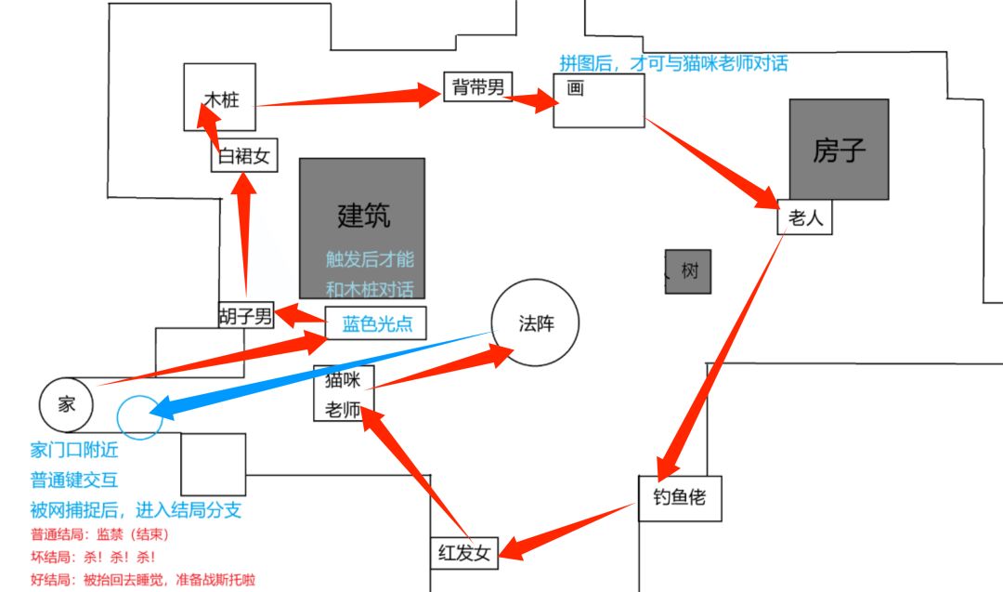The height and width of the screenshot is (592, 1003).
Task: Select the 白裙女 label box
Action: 243,157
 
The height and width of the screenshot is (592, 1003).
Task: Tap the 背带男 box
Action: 477,87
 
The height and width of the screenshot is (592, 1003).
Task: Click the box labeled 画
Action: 599,100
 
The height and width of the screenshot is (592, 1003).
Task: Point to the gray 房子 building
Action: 839,150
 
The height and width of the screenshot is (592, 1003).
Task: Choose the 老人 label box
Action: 804,218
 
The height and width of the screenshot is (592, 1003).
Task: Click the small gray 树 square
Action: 688,271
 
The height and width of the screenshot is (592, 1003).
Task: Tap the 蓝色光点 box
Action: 375,322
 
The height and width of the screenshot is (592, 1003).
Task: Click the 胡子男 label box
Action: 246,315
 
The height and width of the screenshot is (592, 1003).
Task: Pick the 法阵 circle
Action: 534,323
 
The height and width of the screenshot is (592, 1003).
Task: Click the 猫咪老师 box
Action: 344,393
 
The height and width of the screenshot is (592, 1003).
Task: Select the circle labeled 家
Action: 66,403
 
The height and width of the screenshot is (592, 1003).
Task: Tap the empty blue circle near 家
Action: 140,416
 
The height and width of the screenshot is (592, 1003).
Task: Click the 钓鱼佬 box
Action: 679,498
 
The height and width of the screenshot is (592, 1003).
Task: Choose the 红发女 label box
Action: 464,553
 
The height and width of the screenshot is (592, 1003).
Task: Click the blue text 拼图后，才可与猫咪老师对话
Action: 672,63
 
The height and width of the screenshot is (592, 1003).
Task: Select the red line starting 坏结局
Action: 93,557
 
